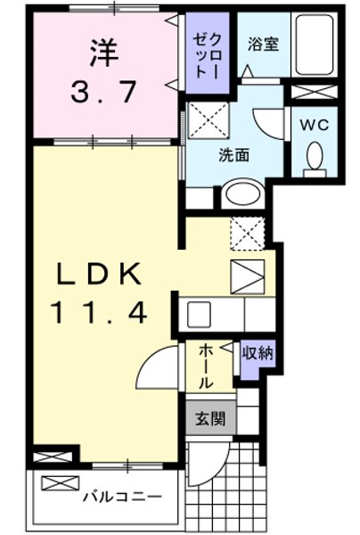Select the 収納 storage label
point(256,353)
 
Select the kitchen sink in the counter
point(200,315)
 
